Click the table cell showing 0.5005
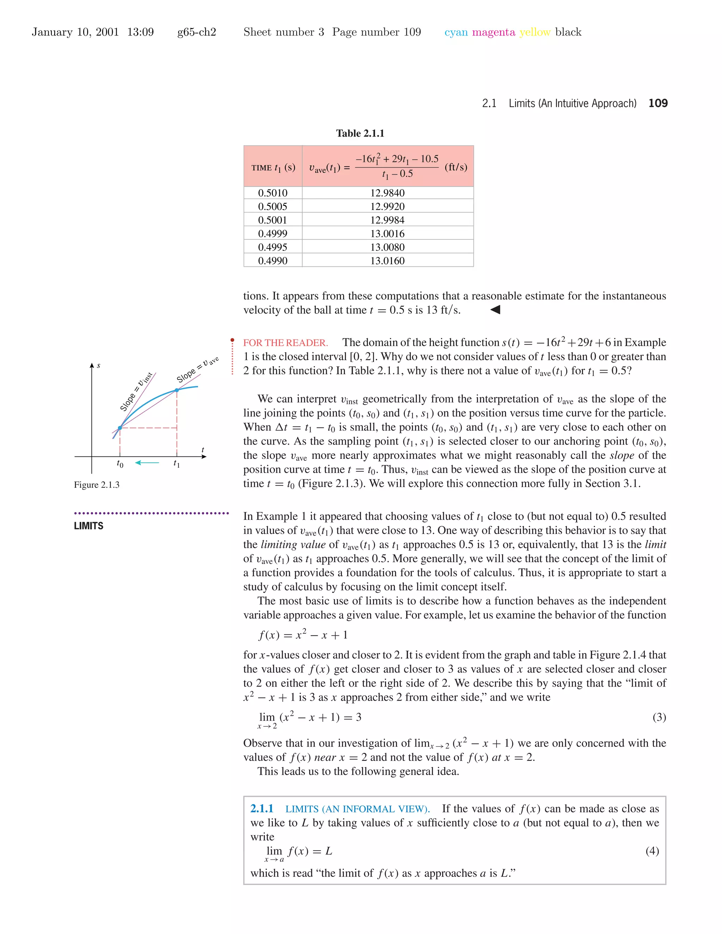point(273,207)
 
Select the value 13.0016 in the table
point(387,233)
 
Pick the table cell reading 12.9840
point(387,193)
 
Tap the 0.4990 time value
point(273,260)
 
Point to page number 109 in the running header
point(658,103)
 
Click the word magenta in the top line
point(493,32)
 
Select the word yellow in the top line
point(535,32)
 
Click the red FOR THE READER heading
point(285,343)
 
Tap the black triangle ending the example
point(495,309)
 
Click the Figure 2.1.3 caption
point(97,485)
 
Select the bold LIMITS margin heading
point(88,526)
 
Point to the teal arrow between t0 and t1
point(147,462)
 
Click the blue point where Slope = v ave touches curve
point(177,390)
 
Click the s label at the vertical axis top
point(98,365)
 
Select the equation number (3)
point(659,717)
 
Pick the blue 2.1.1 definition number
point(261,809)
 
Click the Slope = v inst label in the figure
point(136,391)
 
